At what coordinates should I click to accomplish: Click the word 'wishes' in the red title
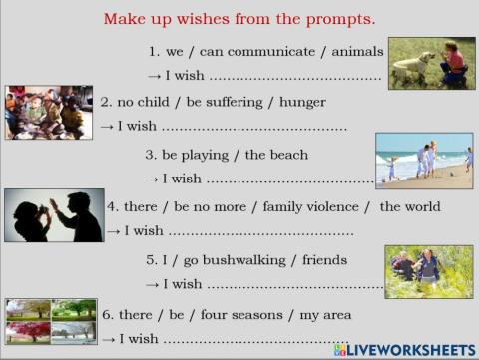pos(203,19)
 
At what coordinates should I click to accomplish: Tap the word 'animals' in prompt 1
pos(357,52)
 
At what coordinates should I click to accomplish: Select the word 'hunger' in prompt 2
pos(302,103)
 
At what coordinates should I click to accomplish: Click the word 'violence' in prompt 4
pos(332,207)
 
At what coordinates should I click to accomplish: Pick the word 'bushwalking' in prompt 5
pos(244,260)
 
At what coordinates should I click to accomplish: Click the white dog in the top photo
pos(412,66)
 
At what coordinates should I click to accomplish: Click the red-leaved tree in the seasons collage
pos(27,330)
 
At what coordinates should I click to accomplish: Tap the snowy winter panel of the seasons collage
pos(74,332)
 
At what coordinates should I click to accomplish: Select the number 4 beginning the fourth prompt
pos(111,207)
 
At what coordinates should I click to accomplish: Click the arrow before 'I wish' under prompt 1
pos(154,77)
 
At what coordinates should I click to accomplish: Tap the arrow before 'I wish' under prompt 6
pos(109,340)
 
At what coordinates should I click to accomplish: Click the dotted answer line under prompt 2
pos(254,129)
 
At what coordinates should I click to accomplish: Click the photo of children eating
pos(49,113)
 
